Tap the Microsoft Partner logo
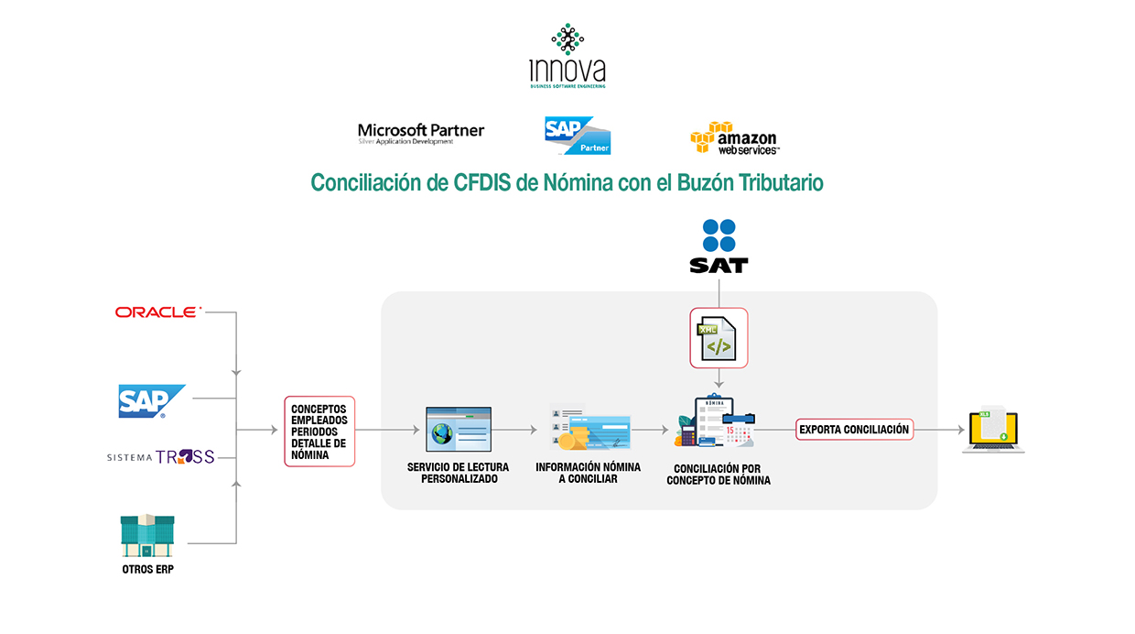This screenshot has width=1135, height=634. click(x=421, y=134)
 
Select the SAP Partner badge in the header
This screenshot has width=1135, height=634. click(x=577, y=135)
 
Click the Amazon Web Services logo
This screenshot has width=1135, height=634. click(x=734, y=138)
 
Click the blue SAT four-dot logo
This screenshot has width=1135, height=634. click(x=719, y=235)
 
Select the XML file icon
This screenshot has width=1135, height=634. click(x=719, y=337)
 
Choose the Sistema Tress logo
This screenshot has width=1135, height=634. click(x=161, y=456)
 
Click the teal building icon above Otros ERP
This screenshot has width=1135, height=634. click(x=147, y=536)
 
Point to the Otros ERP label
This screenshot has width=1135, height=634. click(x=147, y=570)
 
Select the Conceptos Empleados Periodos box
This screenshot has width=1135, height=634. click(x=319, y=431)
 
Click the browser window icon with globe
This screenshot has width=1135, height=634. click(x=459, y=429)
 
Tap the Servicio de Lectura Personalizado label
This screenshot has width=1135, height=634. click(x=459, y=473)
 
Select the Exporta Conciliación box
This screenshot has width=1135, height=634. click(x=854, y=429)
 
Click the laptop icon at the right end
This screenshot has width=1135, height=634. click(x=994, y=431)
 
